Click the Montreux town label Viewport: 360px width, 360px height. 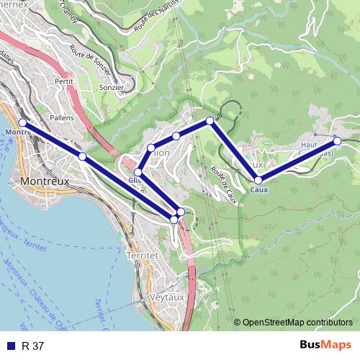(45, 181)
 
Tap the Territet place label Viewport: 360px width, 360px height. (142, 255)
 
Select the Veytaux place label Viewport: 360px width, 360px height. (169, 296)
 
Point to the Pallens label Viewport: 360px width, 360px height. (63, 117)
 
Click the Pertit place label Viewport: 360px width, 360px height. (64, 81)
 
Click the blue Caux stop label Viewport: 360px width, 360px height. (259, 189)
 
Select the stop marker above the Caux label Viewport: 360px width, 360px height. (258, 180)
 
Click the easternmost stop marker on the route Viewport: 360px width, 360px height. (337, 140)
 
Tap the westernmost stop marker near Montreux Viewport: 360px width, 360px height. (22, 122)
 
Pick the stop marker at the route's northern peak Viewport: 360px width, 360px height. (210, 121)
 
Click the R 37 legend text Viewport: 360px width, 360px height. (33, 346)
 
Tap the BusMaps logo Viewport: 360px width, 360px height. (325, 346)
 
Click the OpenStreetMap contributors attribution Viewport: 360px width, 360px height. (297, 323)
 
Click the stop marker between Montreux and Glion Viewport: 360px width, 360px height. (82, 156)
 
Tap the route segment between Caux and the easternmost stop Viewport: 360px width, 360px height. (297, 160)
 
